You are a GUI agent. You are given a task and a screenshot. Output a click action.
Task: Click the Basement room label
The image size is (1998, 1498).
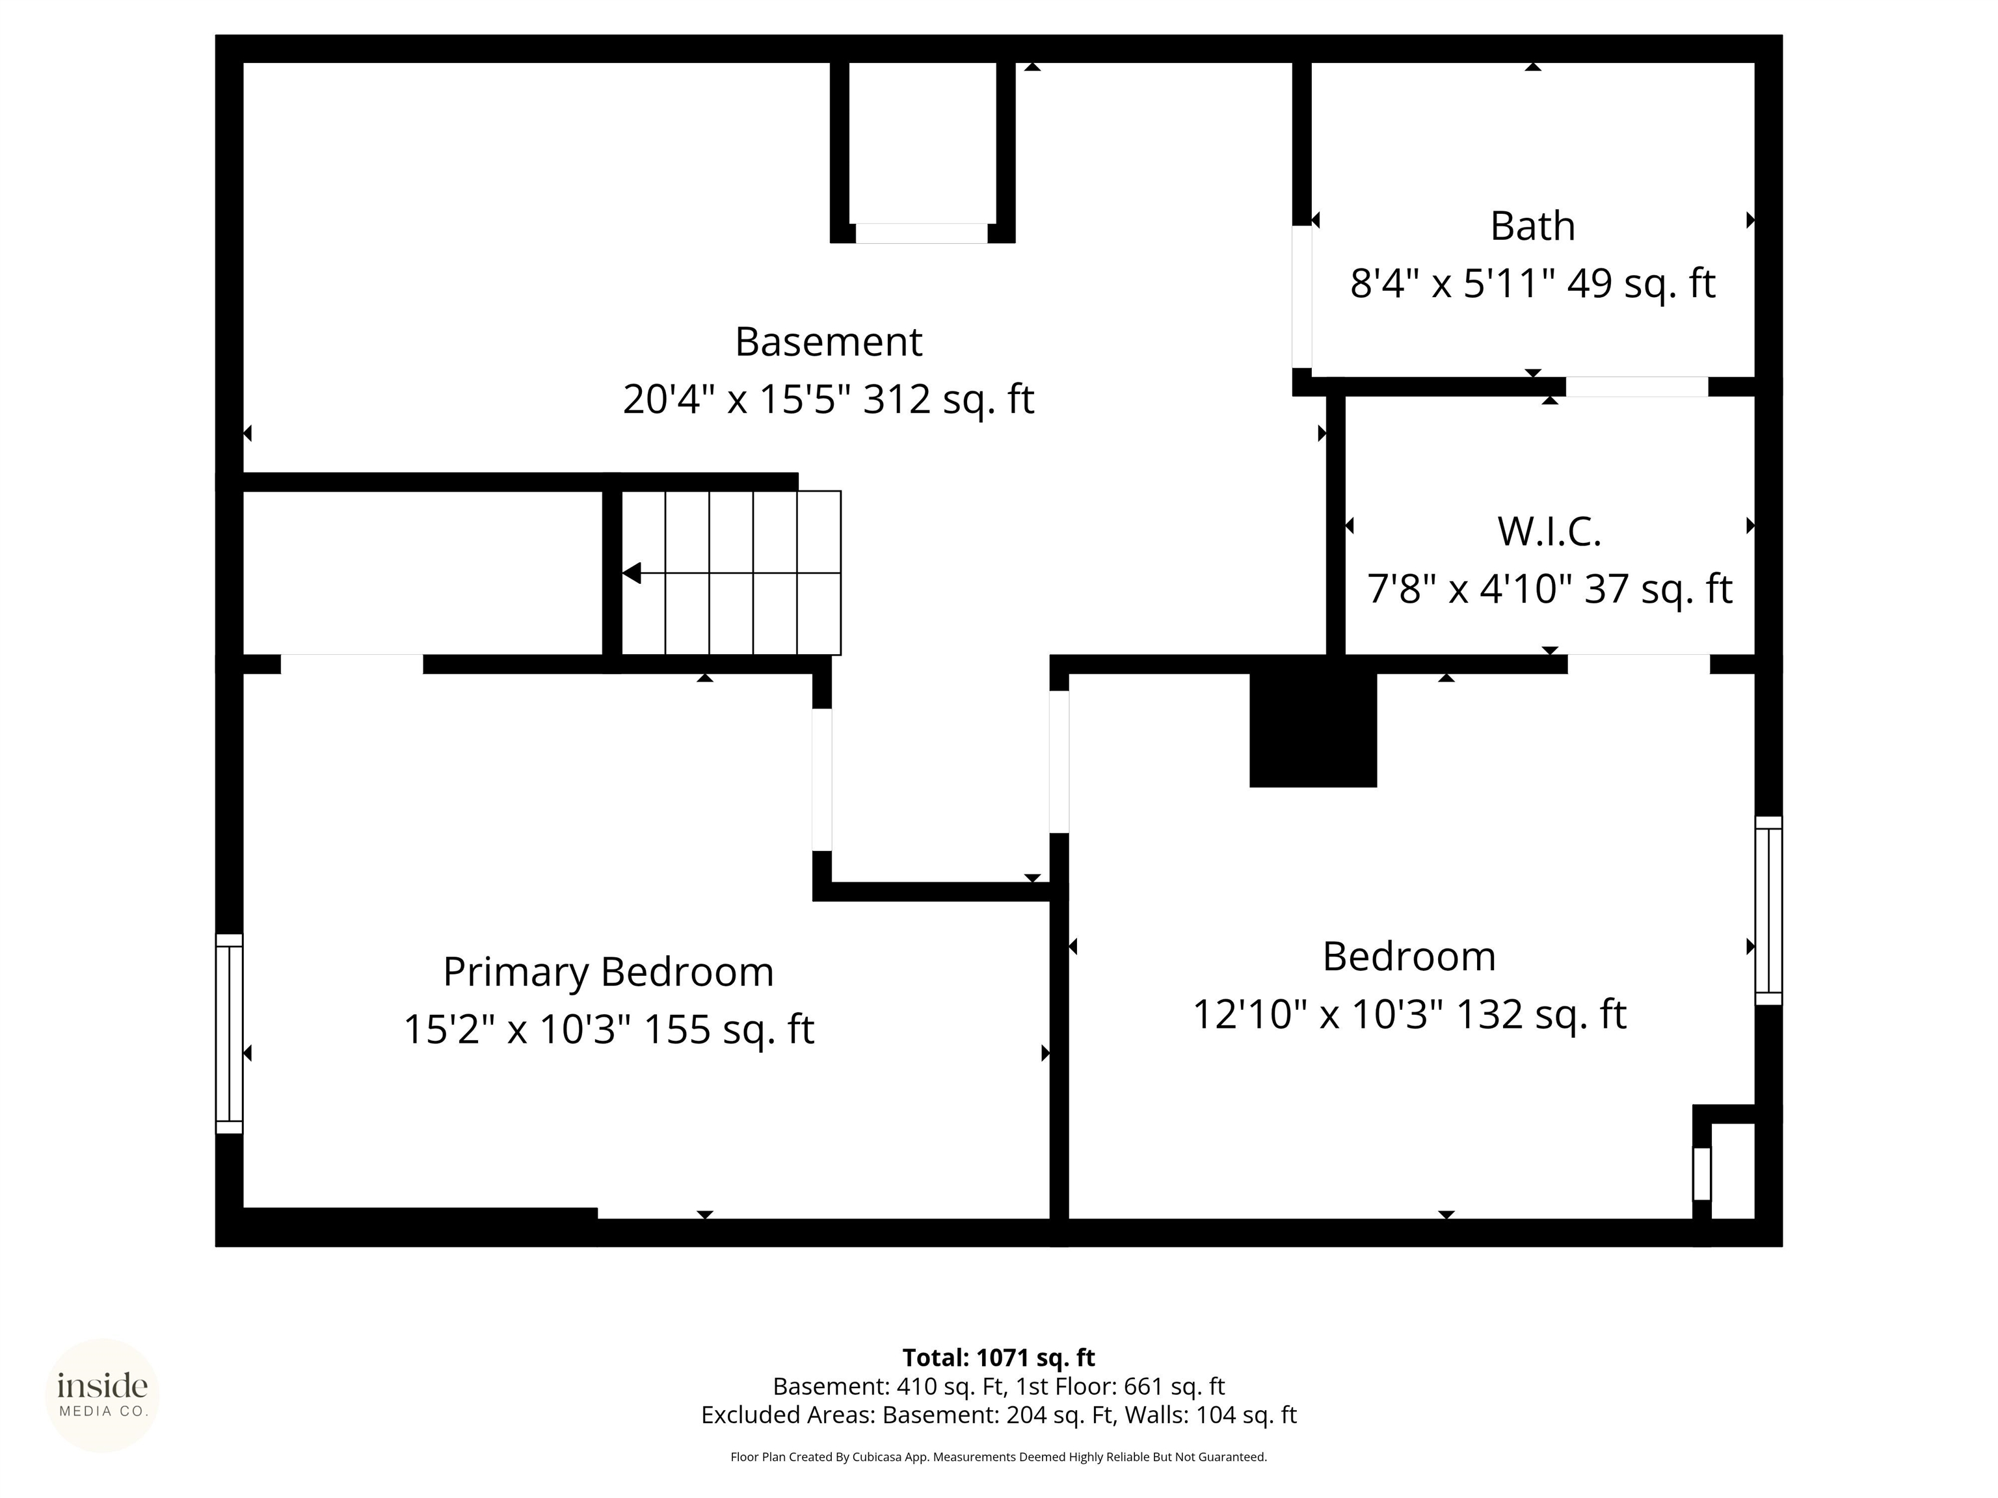click(829, 342)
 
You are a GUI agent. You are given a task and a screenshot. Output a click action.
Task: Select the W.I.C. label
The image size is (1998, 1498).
click(1549, 531)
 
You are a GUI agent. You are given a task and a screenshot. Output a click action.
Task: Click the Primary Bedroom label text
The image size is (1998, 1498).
click(608, 971)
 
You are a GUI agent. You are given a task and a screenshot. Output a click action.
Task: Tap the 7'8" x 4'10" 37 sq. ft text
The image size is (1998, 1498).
click(1549, 588)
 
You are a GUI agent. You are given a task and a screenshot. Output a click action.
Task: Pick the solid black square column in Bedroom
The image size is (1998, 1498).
click(1312, 728)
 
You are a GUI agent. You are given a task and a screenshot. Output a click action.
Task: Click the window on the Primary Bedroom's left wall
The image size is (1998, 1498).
click(230, 1033)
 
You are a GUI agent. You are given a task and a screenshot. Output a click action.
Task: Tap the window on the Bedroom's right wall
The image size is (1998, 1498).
click(1768, 910)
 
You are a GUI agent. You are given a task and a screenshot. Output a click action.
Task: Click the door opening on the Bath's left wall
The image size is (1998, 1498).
click(1301, 296)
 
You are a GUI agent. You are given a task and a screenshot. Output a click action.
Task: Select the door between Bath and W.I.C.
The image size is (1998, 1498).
click(1636, 386)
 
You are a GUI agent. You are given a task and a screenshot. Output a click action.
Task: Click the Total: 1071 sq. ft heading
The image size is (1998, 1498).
click(998, 1357)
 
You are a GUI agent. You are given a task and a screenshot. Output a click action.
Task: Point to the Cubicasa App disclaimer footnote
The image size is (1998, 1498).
click(998, 1456)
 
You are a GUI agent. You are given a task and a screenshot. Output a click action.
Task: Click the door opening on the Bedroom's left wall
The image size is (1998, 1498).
click(1059, 762)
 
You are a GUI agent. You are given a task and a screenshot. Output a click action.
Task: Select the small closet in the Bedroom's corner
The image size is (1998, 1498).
click(1731, 1170)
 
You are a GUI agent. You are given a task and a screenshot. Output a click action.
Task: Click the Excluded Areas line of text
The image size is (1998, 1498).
click(998, 1414)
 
